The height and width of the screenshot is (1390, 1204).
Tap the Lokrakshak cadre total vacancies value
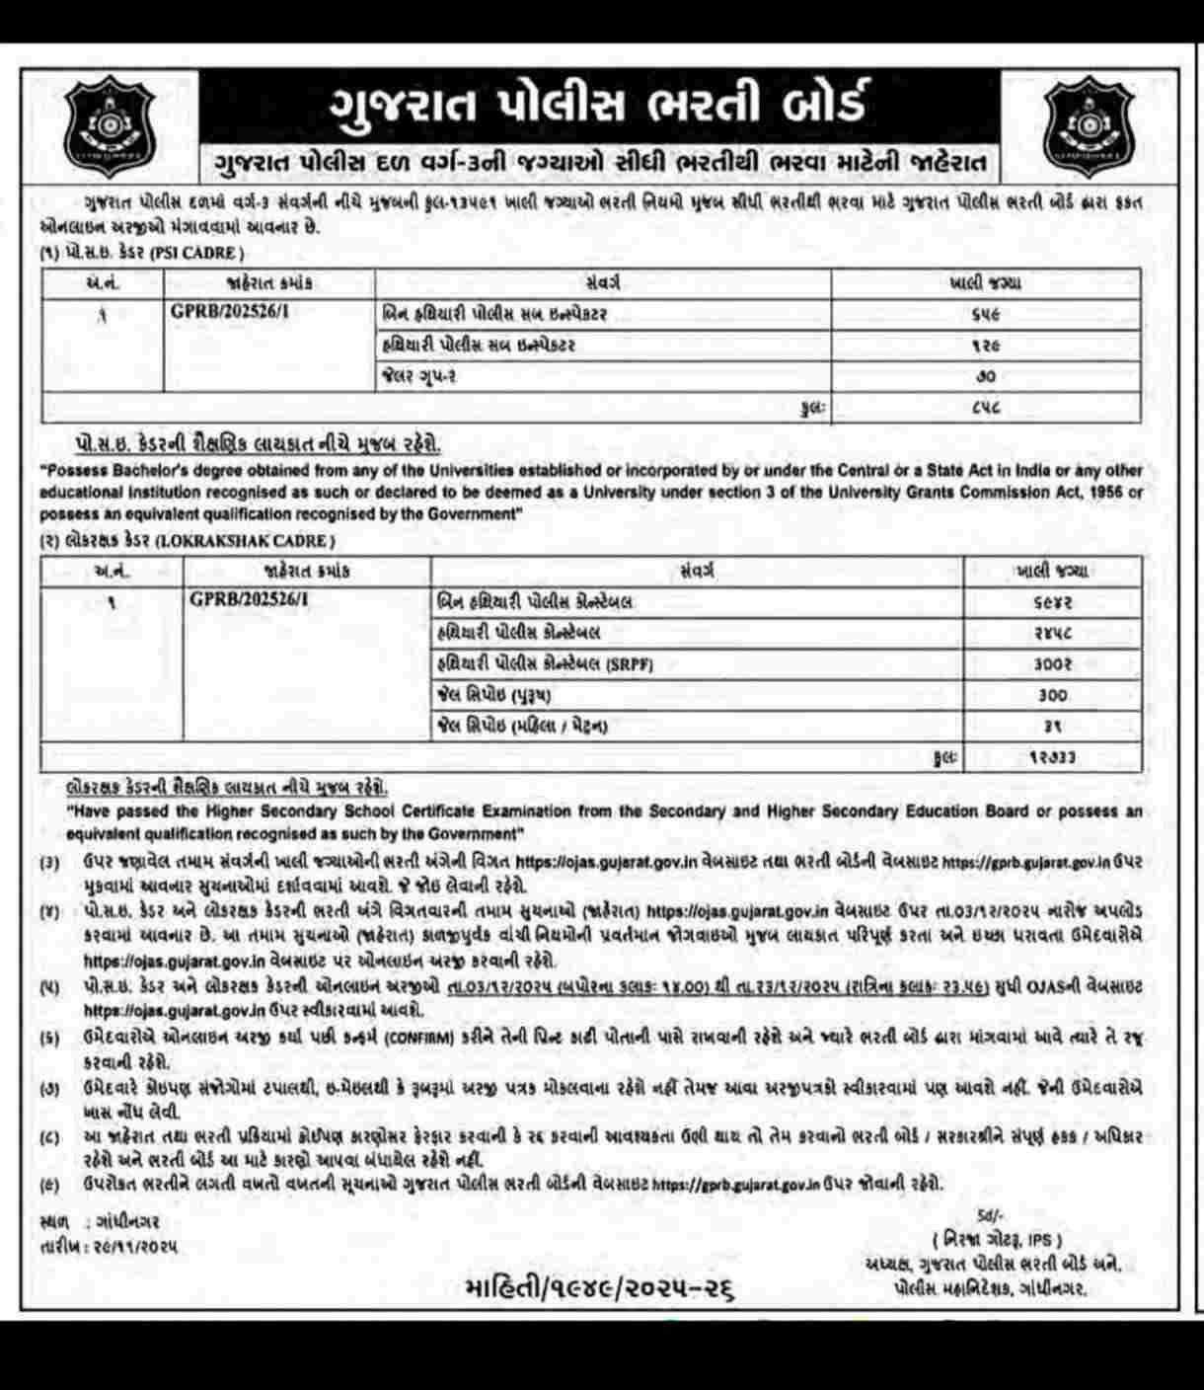pos(1051,757)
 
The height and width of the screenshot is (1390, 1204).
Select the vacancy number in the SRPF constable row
pos(1051,663)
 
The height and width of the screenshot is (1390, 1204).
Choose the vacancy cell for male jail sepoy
pos(1051,695)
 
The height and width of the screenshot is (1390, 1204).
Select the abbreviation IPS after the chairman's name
pos(1042,1239)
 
